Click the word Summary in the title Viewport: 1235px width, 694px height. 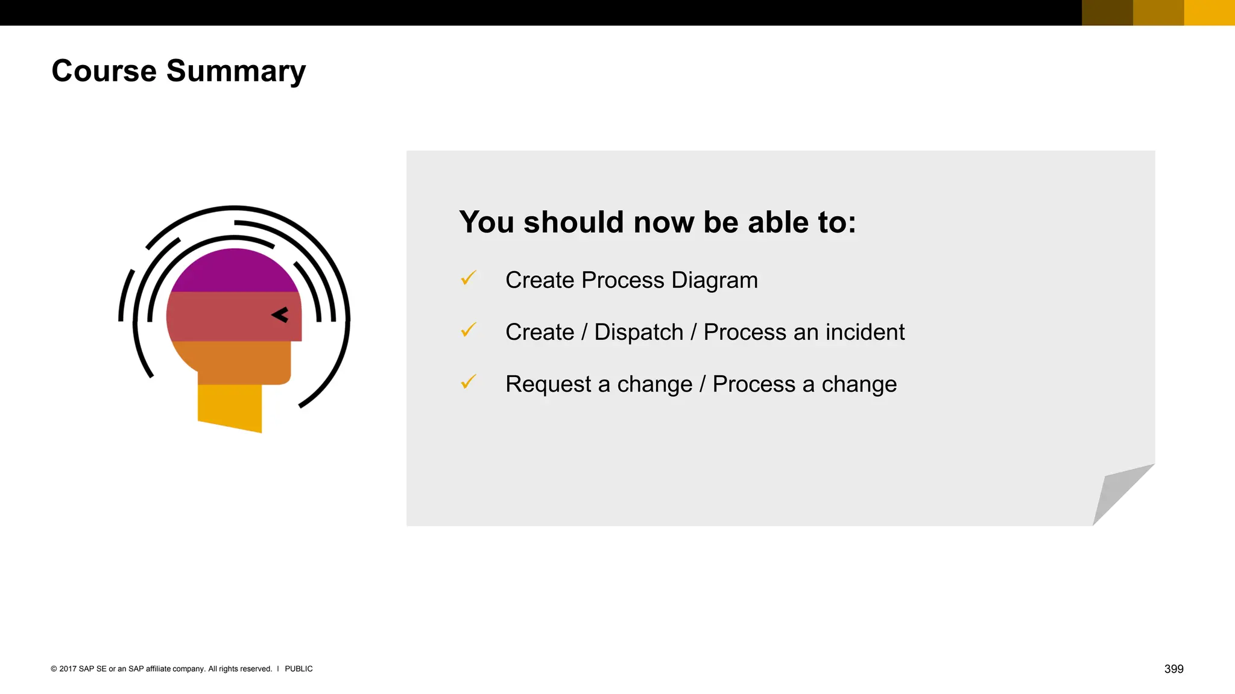click(236, 72)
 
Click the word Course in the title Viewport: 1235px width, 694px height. click(104, 71)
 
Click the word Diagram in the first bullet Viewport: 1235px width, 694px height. click(714, 281)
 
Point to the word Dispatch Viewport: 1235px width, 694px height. click(639, 333)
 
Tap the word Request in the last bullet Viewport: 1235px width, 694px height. click(548, 384)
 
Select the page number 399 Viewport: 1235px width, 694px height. click(1173, 669)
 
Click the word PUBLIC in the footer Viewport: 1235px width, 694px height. click(298, 669)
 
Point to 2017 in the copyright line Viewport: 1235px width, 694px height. click(68, 669)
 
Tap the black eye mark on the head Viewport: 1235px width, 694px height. click(280, 315)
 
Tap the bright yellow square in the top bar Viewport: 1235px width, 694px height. click(1209, 13)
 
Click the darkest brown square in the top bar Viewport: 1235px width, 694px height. click(1107, 13)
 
